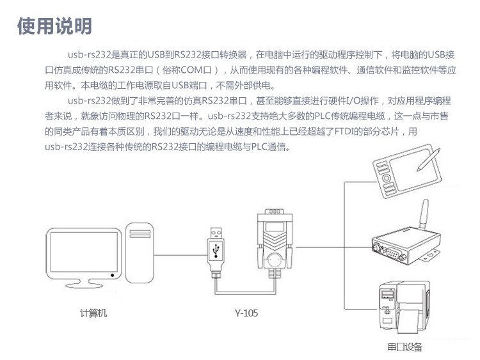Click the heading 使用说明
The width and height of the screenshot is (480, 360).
tap(55, 26)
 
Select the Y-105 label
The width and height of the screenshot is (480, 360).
tap(246, 313)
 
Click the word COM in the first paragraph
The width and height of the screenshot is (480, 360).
tap(191, 70)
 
